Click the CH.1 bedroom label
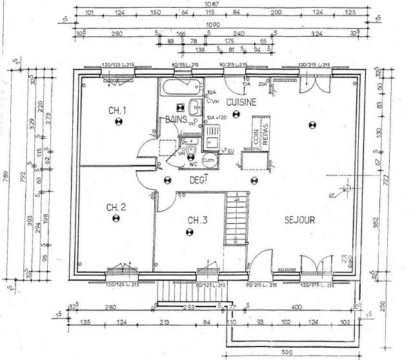[x=117, y=110]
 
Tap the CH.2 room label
[x=116, y=207]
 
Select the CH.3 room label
[x=197, y=221]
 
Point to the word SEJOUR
[x=299, y=220]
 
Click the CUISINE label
[x=241, y=102]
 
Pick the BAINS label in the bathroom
[x=176, y=119]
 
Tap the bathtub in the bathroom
[x=182, y=88]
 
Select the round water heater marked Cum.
[x=208, y=158]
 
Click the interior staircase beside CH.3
[x=235, y=219]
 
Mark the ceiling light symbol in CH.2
[x=117, y=219]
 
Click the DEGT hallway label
[x=197, y=181]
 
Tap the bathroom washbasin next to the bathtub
[x=194, y=108]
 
